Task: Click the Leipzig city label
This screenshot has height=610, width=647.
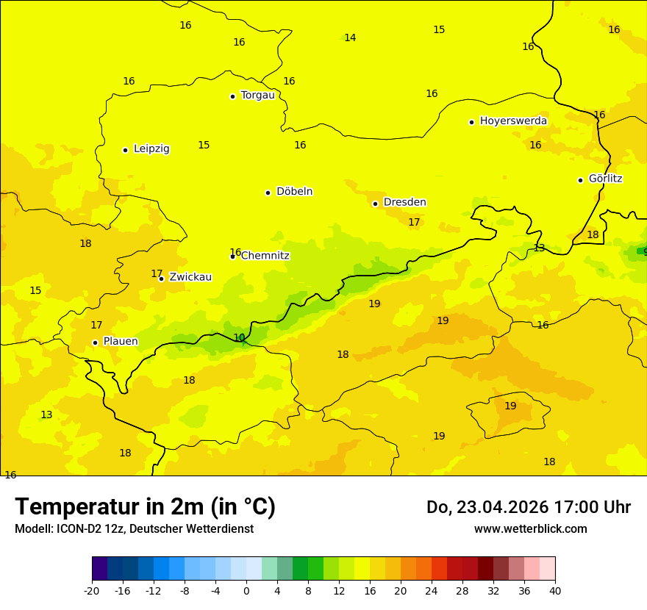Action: click(x=151, y=148)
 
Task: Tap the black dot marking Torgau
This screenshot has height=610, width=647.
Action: click(x=232, y=96)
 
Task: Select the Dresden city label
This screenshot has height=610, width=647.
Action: click(x=404, y=202)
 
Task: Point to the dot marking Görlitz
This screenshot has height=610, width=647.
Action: click(x=580, y=180)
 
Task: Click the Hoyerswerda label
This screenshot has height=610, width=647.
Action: click(x=513, y=121)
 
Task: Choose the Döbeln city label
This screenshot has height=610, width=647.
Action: click(x=294, y=191)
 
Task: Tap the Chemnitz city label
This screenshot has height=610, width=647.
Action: click(x=265, y=256)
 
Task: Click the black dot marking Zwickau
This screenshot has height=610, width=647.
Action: click(x=161, y=279)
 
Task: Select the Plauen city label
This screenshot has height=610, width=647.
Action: click(x=121, y=341)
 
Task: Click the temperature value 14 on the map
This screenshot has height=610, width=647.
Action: click(x=350, y=37)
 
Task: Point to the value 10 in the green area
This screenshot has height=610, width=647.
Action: click(x=239, y=337)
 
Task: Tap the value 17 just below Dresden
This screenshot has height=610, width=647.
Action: click(x=414, y=222)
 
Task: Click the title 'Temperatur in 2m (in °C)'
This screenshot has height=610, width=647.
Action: click(x=145, y=506)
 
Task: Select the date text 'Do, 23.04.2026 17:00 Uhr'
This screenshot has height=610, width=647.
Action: click(x=529, y=507)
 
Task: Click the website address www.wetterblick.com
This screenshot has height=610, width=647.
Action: click(x=530, y=528)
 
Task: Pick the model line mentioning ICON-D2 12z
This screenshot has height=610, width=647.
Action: click(x=134, y=528)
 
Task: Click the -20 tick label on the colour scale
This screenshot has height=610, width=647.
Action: click(x=92, y=590)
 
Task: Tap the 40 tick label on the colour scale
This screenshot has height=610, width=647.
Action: click(x=555, y=590)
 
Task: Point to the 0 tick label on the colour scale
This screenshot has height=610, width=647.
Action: click(x=246, y=590)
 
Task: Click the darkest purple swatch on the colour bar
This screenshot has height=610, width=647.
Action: click(x=99, y=569)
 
